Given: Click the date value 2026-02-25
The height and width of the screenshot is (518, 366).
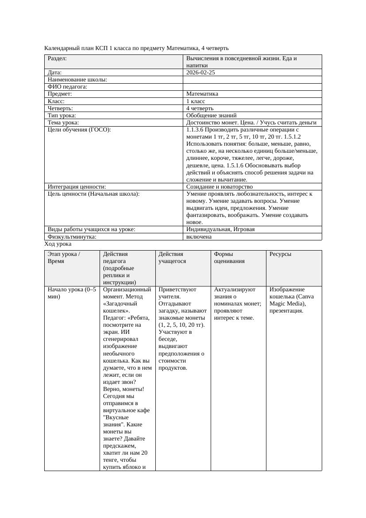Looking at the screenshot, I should click(x=200, y=73).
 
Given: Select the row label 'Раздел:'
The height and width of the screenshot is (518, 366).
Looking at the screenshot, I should click(x=57, y=58).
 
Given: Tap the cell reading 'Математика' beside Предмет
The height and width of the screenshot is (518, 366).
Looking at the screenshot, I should click(x=202, y=94).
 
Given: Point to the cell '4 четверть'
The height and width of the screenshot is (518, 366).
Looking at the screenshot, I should click(x=200, y=108).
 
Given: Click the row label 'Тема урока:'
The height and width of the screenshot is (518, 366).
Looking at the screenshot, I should click(x=63, y=123).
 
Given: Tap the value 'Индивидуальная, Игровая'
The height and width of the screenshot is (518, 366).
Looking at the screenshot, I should click(x=220, y=229).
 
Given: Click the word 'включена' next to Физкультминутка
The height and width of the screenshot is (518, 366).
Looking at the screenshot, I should click(x=199, y=236).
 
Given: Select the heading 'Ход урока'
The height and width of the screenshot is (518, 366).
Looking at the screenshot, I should click(x=58, y=244).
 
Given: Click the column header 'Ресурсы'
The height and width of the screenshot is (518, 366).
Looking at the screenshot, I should click(x=280, y=254).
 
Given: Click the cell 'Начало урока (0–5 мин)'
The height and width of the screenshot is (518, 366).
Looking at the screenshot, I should click(x=71, y=293).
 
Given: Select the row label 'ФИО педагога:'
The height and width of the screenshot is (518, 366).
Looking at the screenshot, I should click(x=67, y=87).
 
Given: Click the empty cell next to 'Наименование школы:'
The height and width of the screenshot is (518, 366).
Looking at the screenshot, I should click(x=252, y=80).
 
